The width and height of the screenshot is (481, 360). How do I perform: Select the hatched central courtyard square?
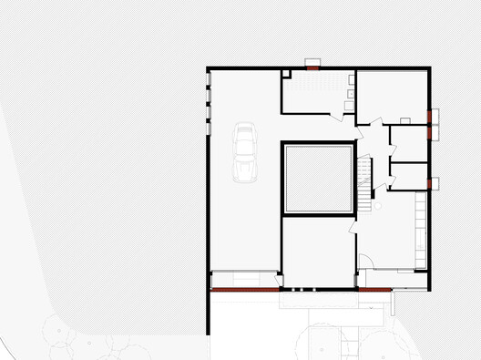318,178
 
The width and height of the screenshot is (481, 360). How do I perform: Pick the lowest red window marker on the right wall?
432,183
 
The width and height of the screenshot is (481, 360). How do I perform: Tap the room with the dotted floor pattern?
315,90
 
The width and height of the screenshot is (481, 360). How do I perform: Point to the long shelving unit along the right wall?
420,228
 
